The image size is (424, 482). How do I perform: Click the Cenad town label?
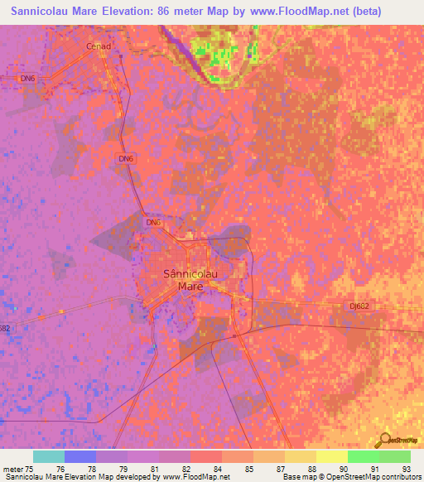click(x=98, y=46)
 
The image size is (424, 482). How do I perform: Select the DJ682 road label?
click(x=359, y=306)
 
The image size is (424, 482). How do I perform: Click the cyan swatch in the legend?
click(x=49, y=456)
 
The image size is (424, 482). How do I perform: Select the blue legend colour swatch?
click(x=80, y=456)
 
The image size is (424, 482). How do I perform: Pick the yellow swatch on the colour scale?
click(x=332, y=456)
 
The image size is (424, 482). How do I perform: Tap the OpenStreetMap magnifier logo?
click(x=385, y=439)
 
